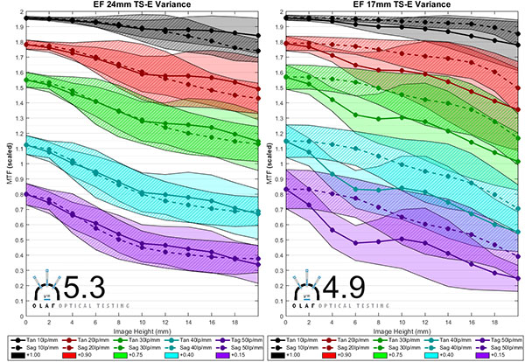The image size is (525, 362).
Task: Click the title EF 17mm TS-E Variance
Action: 402,6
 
